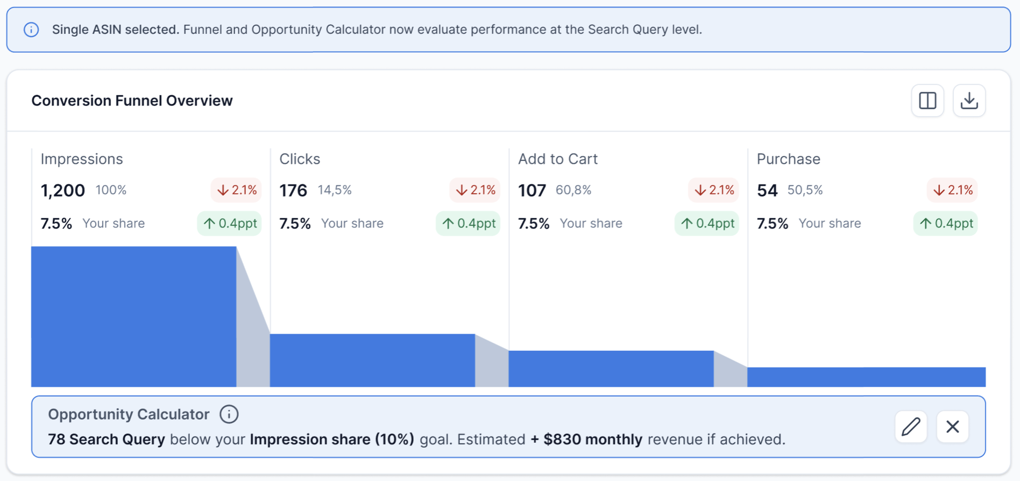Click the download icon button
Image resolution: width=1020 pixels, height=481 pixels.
[969, 101]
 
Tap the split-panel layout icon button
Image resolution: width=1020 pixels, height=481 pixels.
[927, 101]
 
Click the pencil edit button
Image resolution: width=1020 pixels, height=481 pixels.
[911, 427]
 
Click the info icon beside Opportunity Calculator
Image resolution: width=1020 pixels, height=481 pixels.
[229, 414]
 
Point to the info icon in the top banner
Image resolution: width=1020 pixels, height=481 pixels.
[31, 30]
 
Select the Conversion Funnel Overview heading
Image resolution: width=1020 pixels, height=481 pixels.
[132, 101]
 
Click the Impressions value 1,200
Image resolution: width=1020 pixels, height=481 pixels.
[63, 190]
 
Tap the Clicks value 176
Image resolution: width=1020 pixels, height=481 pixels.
[293, 190]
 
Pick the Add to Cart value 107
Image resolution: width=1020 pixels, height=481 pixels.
[532, 190]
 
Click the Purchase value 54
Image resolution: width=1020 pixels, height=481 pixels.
[767, 190]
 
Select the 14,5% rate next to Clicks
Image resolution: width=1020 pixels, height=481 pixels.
[335, 190]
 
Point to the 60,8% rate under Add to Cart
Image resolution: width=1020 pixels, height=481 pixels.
[573, 190]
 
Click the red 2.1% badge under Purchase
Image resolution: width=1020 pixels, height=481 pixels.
[952, 190]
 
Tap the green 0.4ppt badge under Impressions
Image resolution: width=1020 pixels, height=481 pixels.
[230, 223]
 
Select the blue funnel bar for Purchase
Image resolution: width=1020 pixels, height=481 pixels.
[866, 377]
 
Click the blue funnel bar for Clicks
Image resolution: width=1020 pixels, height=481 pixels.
[372, 360]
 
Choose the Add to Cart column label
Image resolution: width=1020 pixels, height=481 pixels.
[558, 159]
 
